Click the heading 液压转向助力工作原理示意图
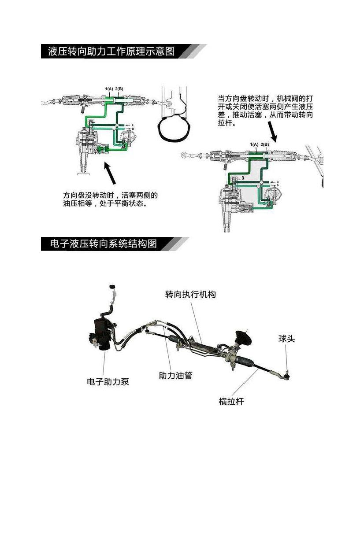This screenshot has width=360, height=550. point(111,51)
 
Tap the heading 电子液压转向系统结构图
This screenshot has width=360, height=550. point(104,244)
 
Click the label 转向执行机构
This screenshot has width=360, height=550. point(190,294)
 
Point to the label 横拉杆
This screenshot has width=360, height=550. point(231,401)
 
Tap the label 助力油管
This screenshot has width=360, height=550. point(175,376)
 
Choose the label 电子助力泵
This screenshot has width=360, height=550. point(108,381)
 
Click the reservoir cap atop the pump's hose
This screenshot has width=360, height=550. point(112,288)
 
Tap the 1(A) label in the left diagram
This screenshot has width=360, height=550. point(109,89)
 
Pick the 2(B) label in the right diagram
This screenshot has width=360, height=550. point(264,145)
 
